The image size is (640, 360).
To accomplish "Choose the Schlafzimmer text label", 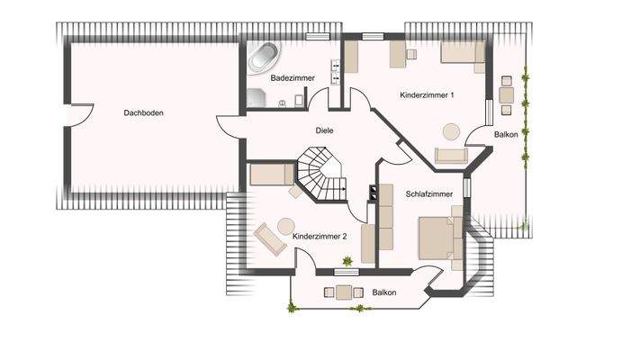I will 429,193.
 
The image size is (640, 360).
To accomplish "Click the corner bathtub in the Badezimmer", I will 264,58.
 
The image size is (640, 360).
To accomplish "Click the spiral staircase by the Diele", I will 321,174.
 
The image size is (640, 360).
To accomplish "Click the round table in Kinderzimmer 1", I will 449,131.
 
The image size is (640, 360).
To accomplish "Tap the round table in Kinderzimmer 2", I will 287,225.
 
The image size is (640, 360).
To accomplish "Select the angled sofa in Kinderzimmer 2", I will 270,239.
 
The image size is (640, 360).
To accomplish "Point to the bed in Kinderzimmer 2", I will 272,174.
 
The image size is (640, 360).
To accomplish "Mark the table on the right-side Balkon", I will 507,93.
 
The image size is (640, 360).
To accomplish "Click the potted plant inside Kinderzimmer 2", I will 347,262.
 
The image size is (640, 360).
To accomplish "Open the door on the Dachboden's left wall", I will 82,115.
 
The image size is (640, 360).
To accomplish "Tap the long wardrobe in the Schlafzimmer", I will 386,217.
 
